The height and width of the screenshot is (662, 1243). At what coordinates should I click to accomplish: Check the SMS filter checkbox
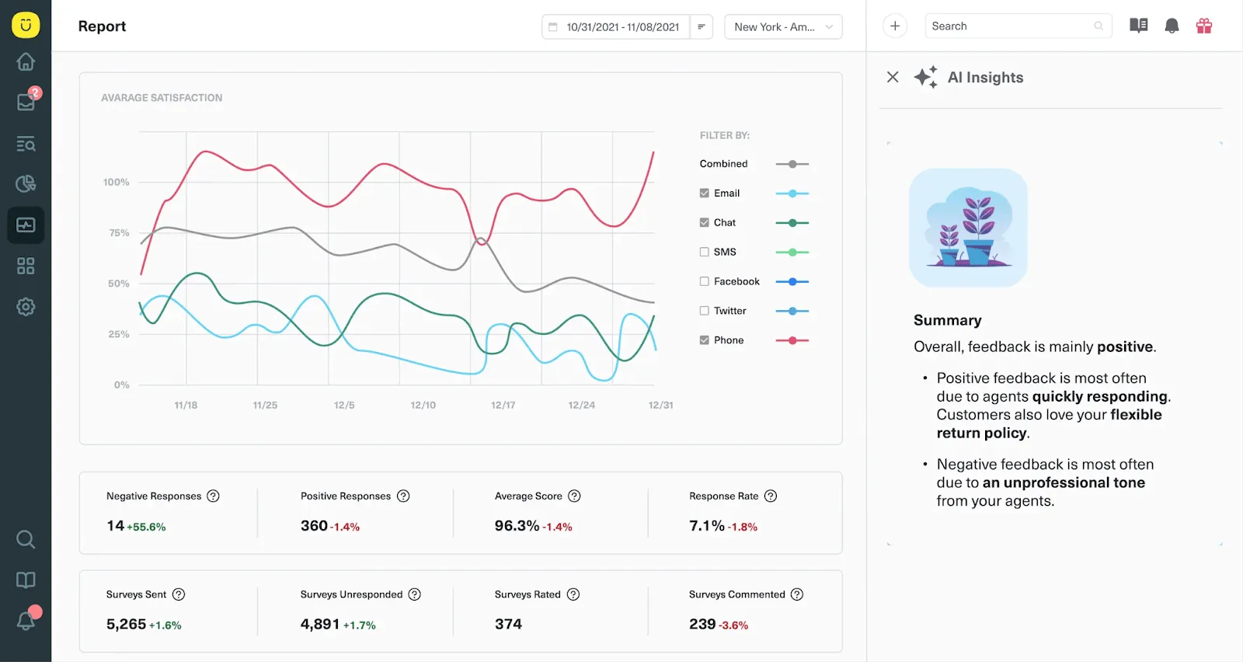click(704, 252)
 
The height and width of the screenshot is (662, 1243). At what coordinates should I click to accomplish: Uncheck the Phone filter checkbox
click(704, 340)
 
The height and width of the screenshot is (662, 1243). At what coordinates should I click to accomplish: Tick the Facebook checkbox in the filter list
click(704, 281)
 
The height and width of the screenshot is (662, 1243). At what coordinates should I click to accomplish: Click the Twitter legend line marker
click(792, 312)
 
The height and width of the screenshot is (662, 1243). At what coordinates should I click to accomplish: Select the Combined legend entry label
click(723, 164)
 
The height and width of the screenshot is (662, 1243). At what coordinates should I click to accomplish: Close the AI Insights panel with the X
click(893, 77)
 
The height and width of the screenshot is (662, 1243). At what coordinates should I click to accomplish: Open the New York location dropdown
click(783, 26)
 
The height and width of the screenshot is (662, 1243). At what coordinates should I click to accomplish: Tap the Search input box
click(1018, 26)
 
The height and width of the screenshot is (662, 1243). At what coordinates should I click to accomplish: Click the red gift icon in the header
click(1203, 26)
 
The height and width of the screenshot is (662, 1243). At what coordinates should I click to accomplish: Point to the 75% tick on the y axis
click(119, 232)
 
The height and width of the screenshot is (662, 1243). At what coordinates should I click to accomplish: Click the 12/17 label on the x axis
click(503, 405)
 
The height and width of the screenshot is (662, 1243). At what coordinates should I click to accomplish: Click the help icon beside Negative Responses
click(213, 496)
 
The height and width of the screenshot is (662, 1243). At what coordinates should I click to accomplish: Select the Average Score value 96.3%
click(517, 525)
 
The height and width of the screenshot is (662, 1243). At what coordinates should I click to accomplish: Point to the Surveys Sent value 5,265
click(126, 624)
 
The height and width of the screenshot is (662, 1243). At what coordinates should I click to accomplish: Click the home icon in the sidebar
click(26, 61)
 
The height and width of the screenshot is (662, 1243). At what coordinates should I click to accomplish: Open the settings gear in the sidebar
click(26, 307)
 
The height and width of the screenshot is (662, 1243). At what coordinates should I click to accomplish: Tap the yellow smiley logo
click(26, 25)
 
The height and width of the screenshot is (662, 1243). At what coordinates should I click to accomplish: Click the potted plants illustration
click(968, 228)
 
